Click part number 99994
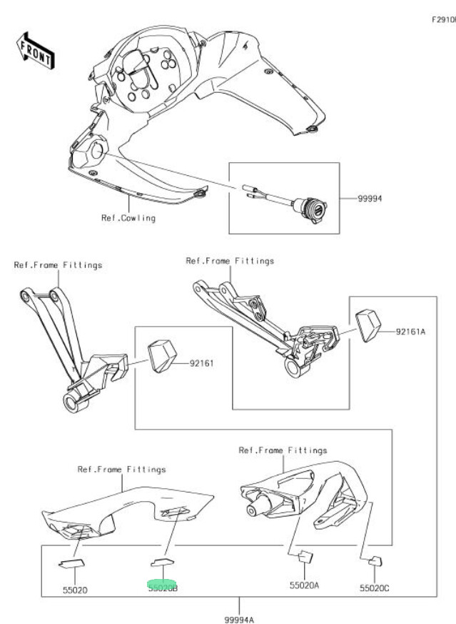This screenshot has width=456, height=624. (x=370, y=199)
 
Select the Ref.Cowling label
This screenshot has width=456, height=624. (x=128, y=217)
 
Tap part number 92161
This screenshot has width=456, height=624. (x=203, y=363)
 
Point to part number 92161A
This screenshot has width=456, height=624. (x=412, y=332)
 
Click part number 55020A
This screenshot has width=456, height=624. (x=304, y=585)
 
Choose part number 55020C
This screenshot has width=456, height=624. (x=375, y=588)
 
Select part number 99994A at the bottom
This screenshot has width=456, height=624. (x=239, y=618)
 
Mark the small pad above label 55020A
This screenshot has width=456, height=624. (x=306, y=556)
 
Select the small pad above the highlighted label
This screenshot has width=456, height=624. (x=163, y=560)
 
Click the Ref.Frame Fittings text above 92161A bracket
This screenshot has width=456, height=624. (x=230, y=261)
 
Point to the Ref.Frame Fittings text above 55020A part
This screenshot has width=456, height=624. (x=283, y=450)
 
